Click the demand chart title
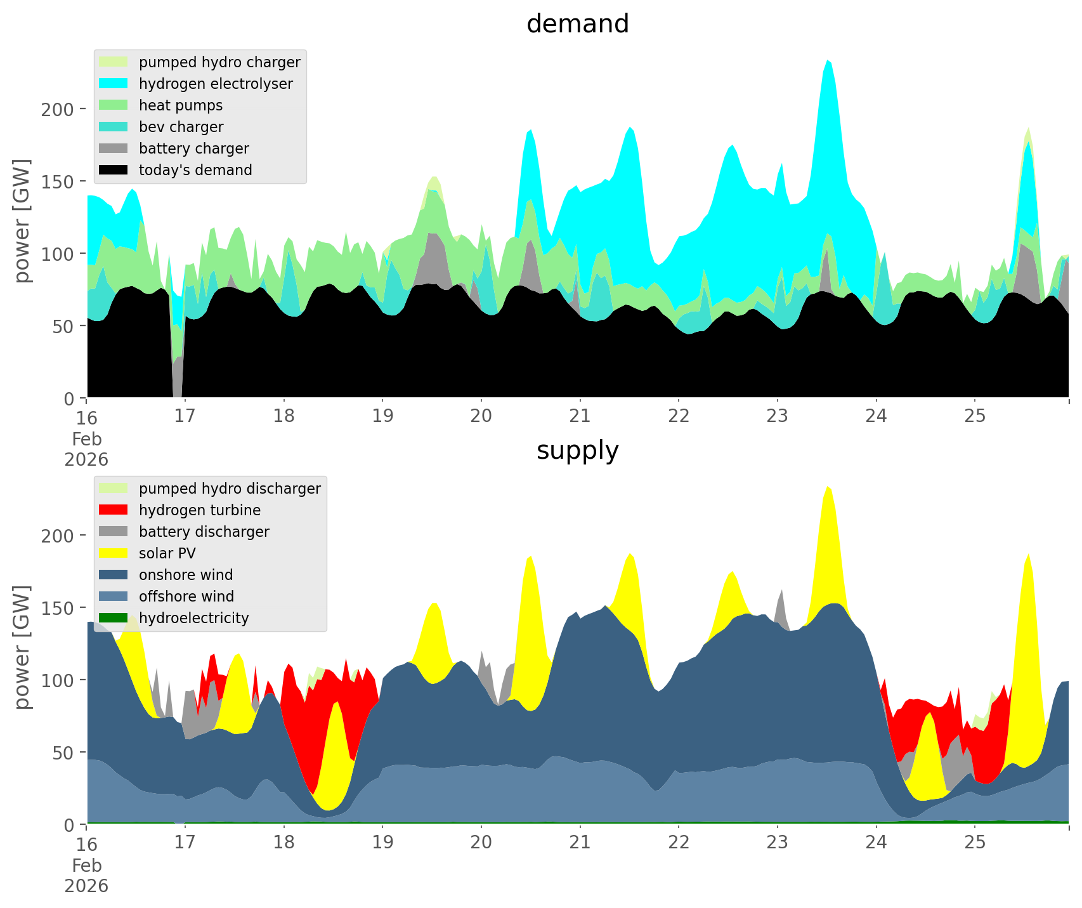coord(577,24)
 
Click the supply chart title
coord(577,451)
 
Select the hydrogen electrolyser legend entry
coord(216,84)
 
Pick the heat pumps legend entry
coord(181,105)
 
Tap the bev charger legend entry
coord(181,127)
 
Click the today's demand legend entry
coord(195,170)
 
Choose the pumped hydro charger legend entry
coord(219,62)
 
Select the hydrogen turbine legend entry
coord(200,510)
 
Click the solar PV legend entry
coord(167,553)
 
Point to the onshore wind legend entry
coord(186,575)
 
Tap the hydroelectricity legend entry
coord(193,618)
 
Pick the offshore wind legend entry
coord(186,596)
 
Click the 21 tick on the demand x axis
coord(580,416)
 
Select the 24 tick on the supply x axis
coord(876,843)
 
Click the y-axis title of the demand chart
coord(23,220)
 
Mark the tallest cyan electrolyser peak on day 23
coord(828,62)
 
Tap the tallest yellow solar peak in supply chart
coord(828,489)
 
